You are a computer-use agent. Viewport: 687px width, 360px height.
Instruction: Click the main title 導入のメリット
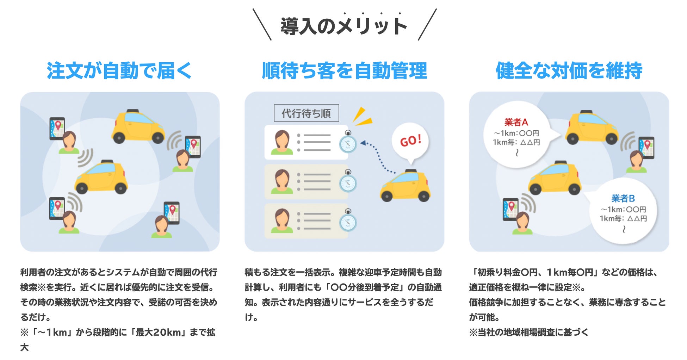tap(344, 26)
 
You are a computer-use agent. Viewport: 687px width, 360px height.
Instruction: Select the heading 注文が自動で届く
tap(119, 70)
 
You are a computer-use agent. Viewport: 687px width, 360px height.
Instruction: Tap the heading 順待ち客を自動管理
tap(344, 70)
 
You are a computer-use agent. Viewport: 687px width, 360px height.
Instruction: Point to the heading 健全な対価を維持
tap(569, 70)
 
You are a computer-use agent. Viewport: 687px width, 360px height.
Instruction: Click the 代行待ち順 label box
tap(306, 113)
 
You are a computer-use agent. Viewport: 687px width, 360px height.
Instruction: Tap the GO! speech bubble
tap(410, 141)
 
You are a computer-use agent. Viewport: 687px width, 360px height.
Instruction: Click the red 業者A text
tap(516, 122)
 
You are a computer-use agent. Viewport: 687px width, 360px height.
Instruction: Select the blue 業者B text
tap(623, 198)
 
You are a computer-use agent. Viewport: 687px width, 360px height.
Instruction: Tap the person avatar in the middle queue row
tap(282, 181)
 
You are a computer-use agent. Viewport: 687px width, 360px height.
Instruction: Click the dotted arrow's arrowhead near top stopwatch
tap(363, 143)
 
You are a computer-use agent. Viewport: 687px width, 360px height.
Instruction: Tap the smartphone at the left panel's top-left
tap(57, 128)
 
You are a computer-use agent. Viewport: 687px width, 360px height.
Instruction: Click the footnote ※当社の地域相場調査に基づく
tap(528, 332)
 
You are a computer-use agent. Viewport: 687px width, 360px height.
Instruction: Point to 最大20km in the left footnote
tap(158, 332)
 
